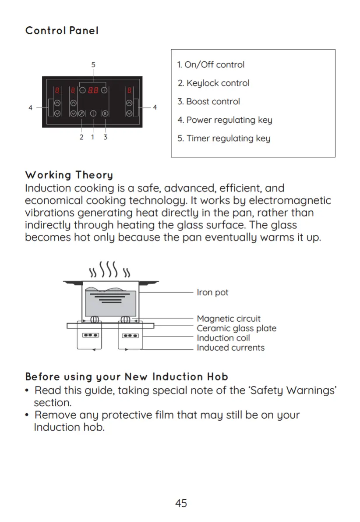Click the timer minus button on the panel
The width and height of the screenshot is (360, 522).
(x=82, y=90)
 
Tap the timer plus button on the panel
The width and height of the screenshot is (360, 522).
(x=104, y=90)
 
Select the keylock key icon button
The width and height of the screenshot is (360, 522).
(x=81, y=114)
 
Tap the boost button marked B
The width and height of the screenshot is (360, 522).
(x=105, y=114)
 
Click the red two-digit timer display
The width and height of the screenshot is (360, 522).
(x=93, y=90)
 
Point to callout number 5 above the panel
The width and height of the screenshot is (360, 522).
(x=93, y=64)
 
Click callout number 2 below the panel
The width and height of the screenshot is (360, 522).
(x=81, y=137)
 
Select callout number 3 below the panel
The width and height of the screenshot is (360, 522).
(x=106, y=137)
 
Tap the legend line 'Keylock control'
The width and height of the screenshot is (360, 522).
(x=213, y=83)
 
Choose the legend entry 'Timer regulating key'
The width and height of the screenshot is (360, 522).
(x=224, y=138)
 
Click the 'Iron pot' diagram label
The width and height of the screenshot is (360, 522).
(x=212, y=292)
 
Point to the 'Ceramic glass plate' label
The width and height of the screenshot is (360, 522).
(x=236, y=328)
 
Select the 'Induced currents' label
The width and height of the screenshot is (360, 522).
(x=230, y=348)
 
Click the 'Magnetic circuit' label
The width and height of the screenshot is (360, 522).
(x=228, y=319)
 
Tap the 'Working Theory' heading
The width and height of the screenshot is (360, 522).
(x=69, y=175)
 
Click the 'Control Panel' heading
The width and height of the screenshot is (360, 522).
(x=62, y=31)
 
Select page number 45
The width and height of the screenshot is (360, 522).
(x=181, y=503)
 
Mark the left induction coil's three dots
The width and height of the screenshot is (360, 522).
(x=90, y=335)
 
